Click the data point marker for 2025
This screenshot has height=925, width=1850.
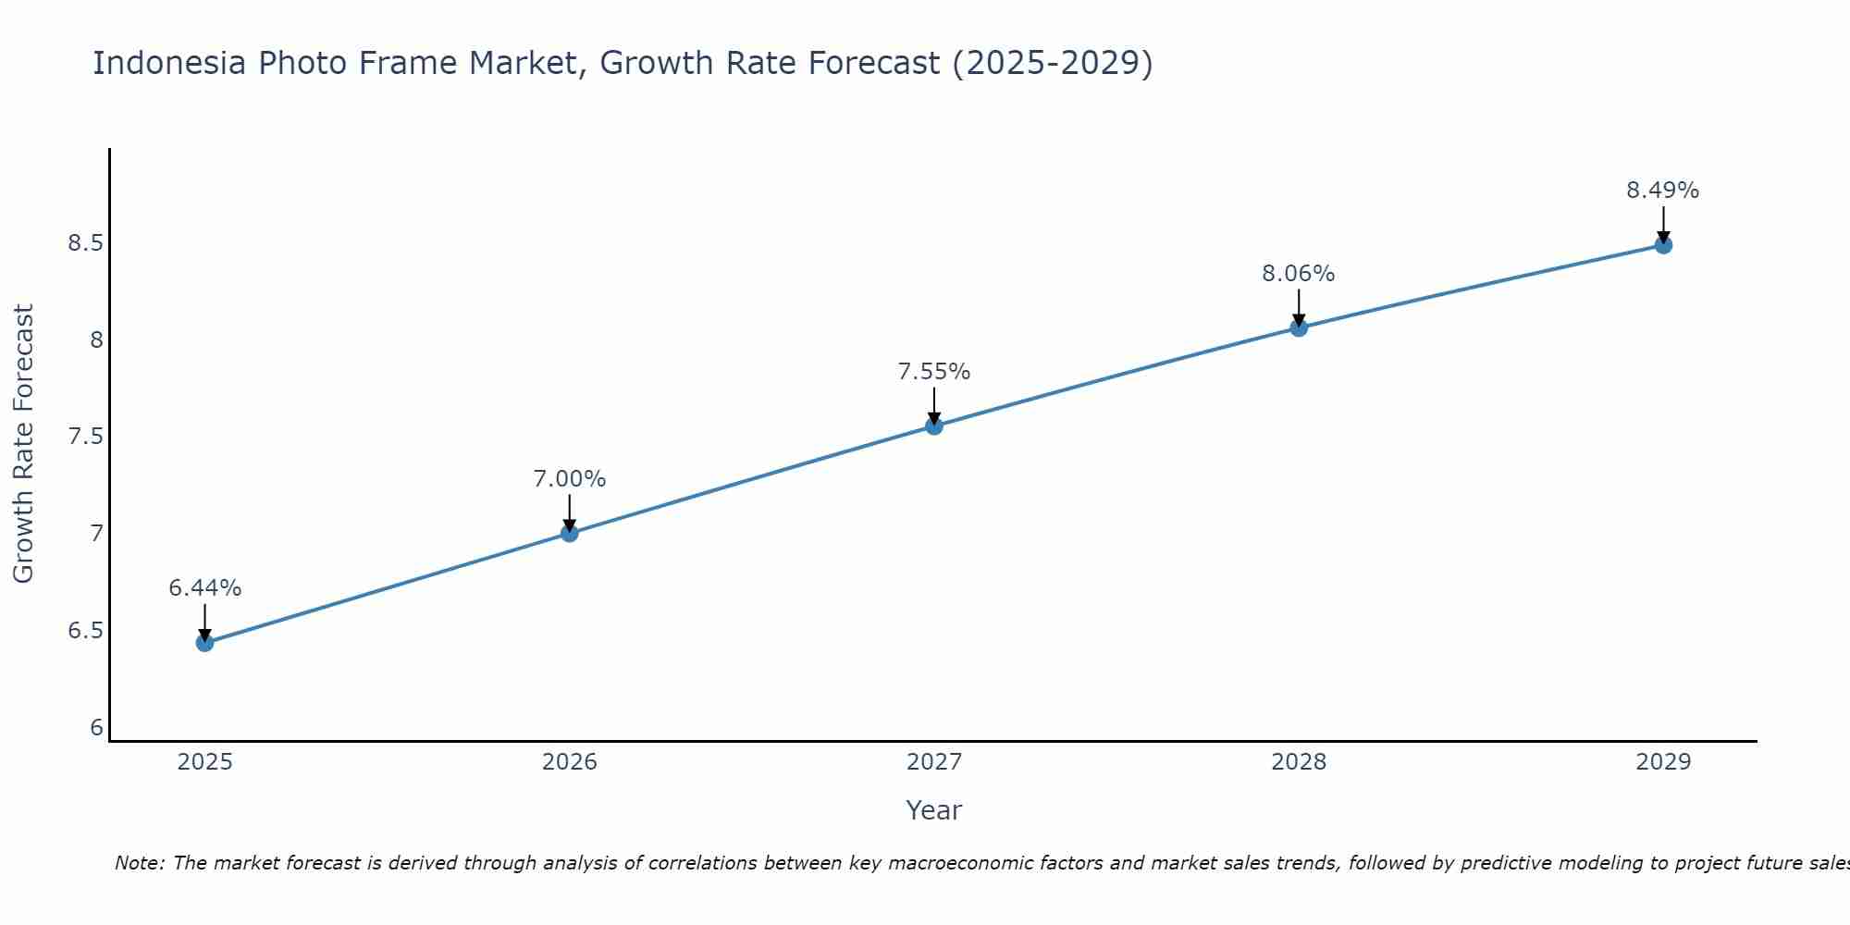(x=205, y=643)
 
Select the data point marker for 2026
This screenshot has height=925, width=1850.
(x=570, y=533)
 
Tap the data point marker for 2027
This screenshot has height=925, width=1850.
(x=934, y=425)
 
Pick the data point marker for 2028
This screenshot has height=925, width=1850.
(x=1299, y=327)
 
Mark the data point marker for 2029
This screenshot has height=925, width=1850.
(x=1663, y=245)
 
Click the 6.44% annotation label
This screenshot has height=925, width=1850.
(x=205, y=588)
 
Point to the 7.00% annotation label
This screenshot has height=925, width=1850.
(x=570, y=479)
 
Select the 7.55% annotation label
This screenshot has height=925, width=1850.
(x=934, y=372)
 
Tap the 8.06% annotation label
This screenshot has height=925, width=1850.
(x=1299, y=274)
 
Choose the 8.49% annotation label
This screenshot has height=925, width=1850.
(x=1663, y=191)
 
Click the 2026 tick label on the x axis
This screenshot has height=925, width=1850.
(x=570, y=762)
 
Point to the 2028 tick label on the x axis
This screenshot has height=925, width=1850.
(x=1299, y=762)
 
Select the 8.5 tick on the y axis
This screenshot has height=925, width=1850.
(x=85, y=243)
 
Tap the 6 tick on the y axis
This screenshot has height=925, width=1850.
(x=97, y=728)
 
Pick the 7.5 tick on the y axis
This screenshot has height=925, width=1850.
(x=85, y=437)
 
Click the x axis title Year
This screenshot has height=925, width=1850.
(x=934, y=810)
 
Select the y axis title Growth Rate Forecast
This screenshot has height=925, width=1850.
(x=24, y=444)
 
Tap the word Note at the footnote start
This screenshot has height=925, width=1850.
(x=139, y=863)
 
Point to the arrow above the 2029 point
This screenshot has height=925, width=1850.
(x=1663, y=224)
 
